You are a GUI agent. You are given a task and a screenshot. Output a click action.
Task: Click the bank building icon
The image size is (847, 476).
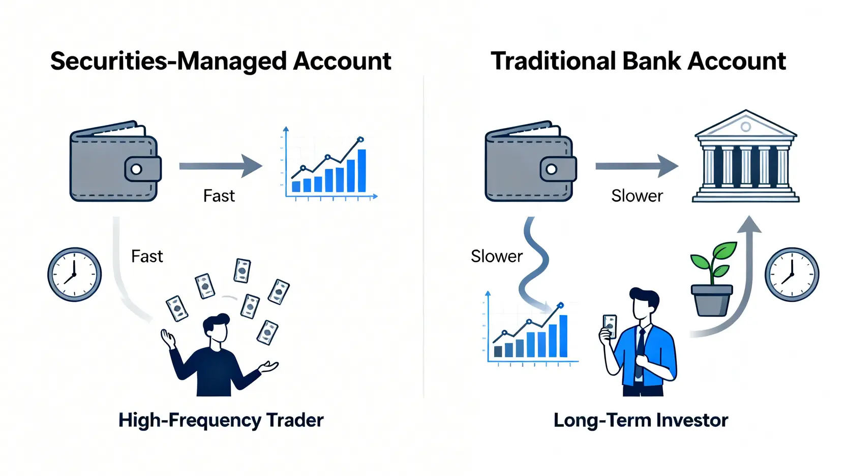coord(746,156)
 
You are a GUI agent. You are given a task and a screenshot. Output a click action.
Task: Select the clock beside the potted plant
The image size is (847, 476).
coord(792,274)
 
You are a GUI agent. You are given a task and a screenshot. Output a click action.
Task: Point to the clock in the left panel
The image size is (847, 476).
coord(75,274)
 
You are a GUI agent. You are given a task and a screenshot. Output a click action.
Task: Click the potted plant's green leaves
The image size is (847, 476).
coord(713,261)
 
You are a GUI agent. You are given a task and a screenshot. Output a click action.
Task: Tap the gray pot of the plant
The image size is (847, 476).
coord(712,300)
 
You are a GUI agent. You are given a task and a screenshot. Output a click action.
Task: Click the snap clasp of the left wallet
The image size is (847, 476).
coord(143,169)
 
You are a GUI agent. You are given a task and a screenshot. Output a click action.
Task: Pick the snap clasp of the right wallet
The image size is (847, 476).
coord(558,169)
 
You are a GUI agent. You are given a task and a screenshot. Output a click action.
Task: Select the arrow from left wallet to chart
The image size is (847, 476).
coord(221,166)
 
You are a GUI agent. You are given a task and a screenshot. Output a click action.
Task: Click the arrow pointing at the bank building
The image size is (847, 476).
coord(637,166)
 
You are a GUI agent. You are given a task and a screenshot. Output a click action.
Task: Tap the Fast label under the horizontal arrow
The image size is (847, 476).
coord(219,196)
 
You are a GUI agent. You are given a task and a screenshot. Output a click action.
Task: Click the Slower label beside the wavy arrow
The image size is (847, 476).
coord(497,256)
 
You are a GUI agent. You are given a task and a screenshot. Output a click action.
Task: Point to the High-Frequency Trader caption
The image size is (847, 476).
coord(221,421)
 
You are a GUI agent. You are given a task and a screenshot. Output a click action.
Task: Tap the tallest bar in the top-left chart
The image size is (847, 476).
coord(362,171)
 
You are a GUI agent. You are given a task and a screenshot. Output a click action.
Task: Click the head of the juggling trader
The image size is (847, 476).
coord(216,328)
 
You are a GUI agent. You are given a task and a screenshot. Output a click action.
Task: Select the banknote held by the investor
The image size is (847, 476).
coord(610,326)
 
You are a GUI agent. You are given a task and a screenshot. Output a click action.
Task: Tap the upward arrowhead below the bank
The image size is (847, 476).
coord(749,225)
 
